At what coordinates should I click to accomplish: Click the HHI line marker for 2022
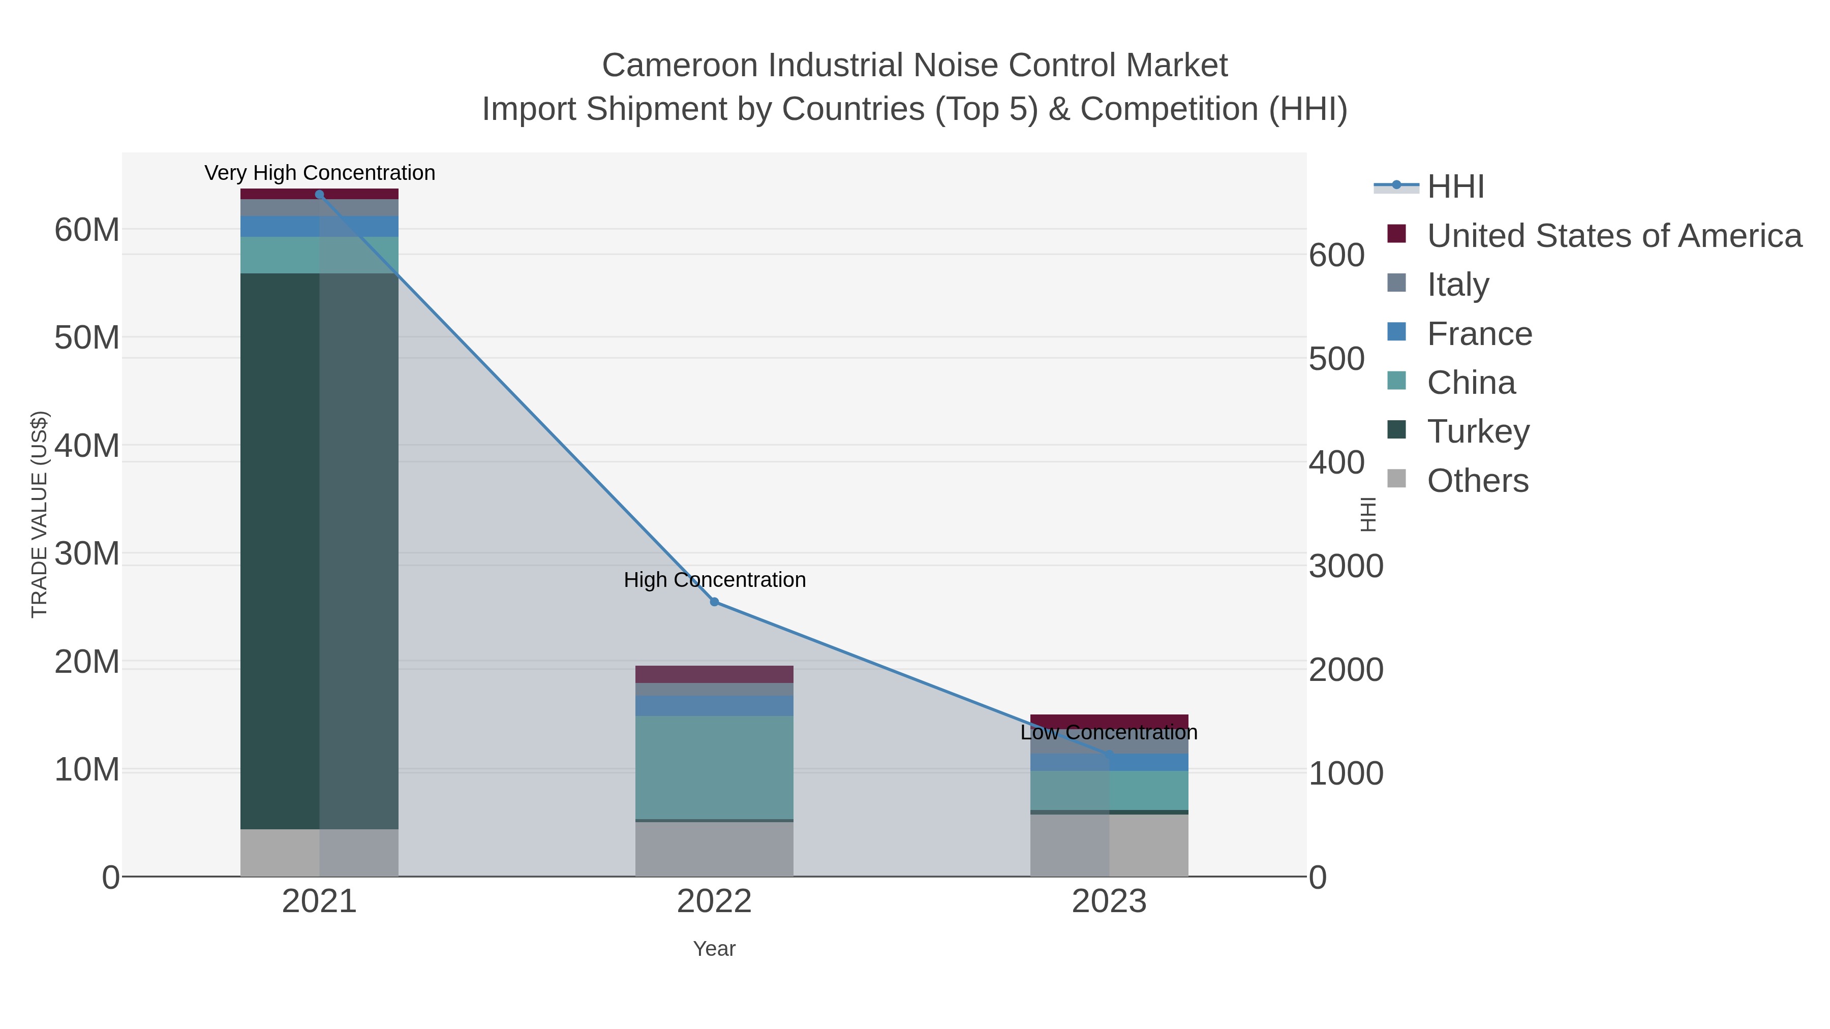tap(714, 602)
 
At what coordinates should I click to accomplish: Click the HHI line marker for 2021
tap(319, 195)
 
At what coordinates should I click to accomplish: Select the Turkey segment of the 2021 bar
tap(319, 550)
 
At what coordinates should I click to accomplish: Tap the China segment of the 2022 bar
tap(714, 767)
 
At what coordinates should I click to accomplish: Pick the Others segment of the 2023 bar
tap(1109, 845)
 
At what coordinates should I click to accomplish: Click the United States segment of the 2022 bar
tap(714, 674)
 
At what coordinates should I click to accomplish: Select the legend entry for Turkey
tap(1478, 431)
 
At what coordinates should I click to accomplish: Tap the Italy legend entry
tap(1458, 285)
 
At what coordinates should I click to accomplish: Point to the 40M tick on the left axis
tap(86, 446)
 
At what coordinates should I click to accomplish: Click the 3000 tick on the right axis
tap(1346, 567)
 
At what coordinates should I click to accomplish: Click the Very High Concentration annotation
tap(320, 173)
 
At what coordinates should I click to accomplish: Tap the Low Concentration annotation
tap(1109, 732)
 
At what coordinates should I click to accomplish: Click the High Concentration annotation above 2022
tap(715, 579)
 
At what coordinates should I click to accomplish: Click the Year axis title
tap(714, 949)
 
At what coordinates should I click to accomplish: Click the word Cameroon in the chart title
tap(681, 66)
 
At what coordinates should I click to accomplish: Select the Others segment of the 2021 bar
tap(319, 852)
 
